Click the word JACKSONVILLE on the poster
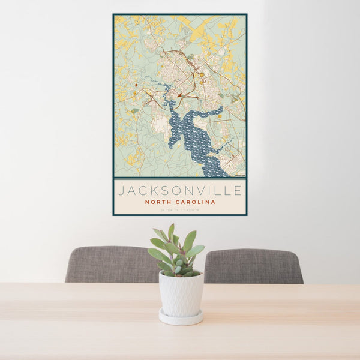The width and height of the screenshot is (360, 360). click(180, 191)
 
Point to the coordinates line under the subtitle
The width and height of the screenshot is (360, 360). click(180, 210)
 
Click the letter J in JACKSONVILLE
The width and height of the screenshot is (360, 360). click(121, 191)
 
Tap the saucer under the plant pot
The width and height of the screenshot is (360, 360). click(181, 318)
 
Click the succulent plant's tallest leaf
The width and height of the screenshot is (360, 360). click(171, 231)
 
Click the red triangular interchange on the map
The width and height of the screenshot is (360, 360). click(179, 94)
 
